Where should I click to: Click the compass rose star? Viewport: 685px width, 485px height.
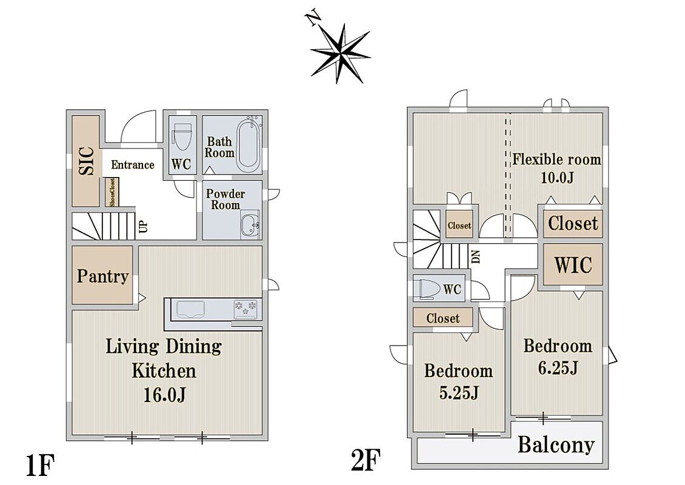point(340,53)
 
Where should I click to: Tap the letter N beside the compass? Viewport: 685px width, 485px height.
point(313,19)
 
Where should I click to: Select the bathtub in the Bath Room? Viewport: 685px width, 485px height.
point(248,145)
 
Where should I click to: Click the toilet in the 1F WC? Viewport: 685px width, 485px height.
point(181,135)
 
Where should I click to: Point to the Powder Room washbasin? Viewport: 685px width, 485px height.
point(250,224)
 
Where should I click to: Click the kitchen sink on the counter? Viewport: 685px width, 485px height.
point(190,310)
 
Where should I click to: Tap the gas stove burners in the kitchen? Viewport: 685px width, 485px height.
point(246,307)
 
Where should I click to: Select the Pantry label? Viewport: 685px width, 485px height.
point(102,276)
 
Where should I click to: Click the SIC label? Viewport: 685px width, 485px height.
point(87,161)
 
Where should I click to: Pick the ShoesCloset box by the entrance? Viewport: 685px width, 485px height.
point(111,192)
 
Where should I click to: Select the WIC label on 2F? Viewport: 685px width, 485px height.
point(573,265)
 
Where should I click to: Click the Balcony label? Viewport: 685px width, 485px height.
point(556,445)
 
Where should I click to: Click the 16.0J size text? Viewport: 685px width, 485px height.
point(165,395)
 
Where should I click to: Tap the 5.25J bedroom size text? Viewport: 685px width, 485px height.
point(459,393)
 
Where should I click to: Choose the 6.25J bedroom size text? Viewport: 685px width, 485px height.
point(558,368)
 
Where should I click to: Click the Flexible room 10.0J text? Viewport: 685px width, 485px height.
point(556,168)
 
